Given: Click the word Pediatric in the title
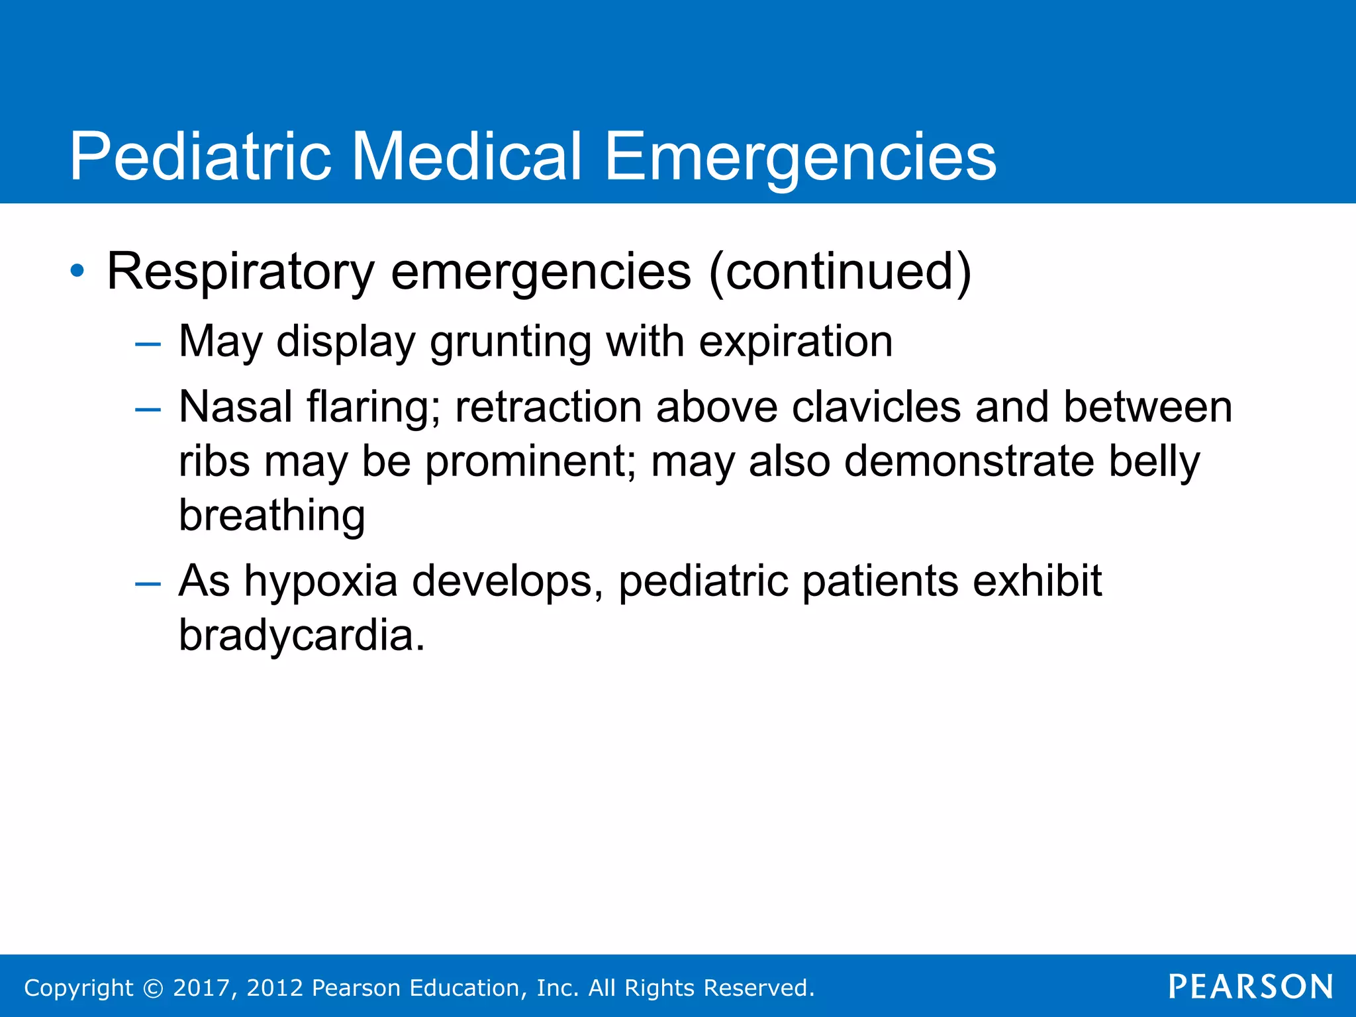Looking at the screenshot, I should point(200,156).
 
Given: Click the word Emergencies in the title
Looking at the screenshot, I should point(800,156).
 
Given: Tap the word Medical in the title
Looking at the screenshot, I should point(467,156).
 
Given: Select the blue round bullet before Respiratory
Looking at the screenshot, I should point(77,271).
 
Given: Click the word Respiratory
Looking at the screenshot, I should point(241,271).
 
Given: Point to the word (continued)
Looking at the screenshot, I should point(840,271).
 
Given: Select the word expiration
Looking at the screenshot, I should point(796,342).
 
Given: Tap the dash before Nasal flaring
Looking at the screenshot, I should point(147,410).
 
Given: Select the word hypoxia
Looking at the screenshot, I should point(320,581).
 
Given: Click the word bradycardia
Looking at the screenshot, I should point(301,636).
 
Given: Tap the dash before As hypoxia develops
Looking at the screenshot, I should point(147,583).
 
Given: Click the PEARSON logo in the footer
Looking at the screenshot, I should point(1250,987).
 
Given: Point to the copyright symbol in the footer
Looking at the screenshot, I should point(153,988).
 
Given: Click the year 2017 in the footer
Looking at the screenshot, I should point(201,988).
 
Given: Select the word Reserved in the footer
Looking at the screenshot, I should point(757,988).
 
